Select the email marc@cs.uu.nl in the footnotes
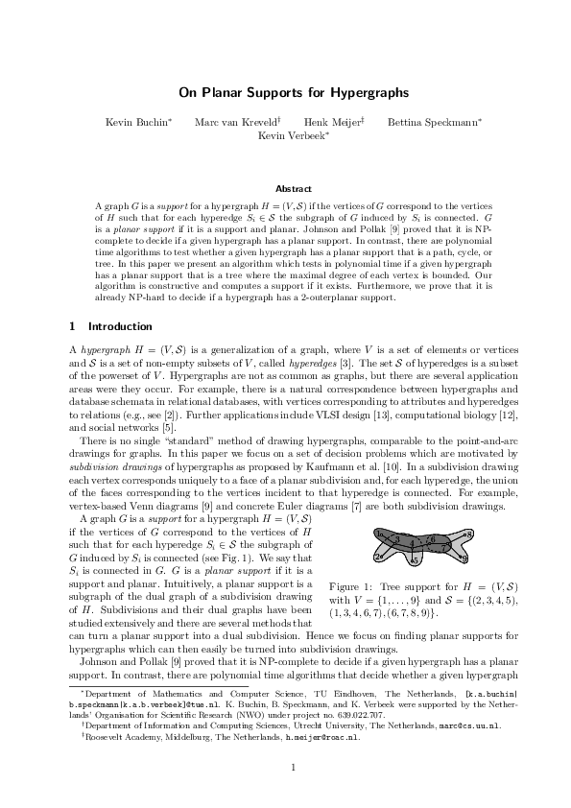tap(464, 726)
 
